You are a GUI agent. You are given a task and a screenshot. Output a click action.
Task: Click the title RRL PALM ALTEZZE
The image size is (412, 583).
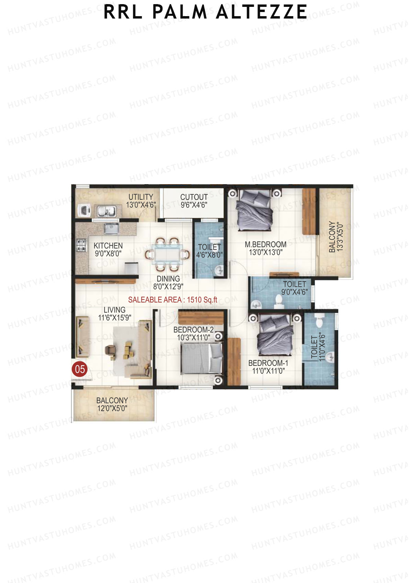point(205,12)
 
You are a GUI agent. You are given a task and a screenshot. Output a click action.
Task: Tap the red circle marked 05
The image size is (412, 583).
point(80,369)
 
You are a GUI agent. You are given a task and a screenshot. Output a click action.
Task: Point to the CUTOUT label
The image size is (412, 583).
point(194,201)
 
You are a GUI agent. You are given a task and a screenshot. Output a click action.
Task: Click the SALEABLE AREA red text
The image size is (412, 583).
point(173,300)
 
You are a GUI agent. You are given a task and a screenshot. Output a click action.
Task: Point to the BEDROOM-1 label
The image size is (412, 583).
point(268,367)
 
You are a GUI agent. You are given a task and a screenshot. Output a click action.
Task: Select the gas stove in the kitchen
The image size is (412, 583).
point(81,245)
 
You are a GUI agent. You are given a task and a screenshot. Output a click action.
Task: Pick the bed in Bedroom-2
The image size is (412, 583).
point(201,359)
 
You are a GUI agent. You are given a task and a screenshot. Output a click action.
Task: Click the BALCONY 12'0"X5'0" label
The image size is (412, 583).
point(112,404)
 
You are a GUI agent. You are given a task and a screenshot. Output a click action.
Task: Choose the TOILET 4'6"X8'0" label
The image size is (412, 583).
point(209,251)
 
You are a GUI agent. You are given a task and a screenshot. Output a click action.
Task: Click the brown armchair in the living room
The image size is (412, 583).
point(111,350)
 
